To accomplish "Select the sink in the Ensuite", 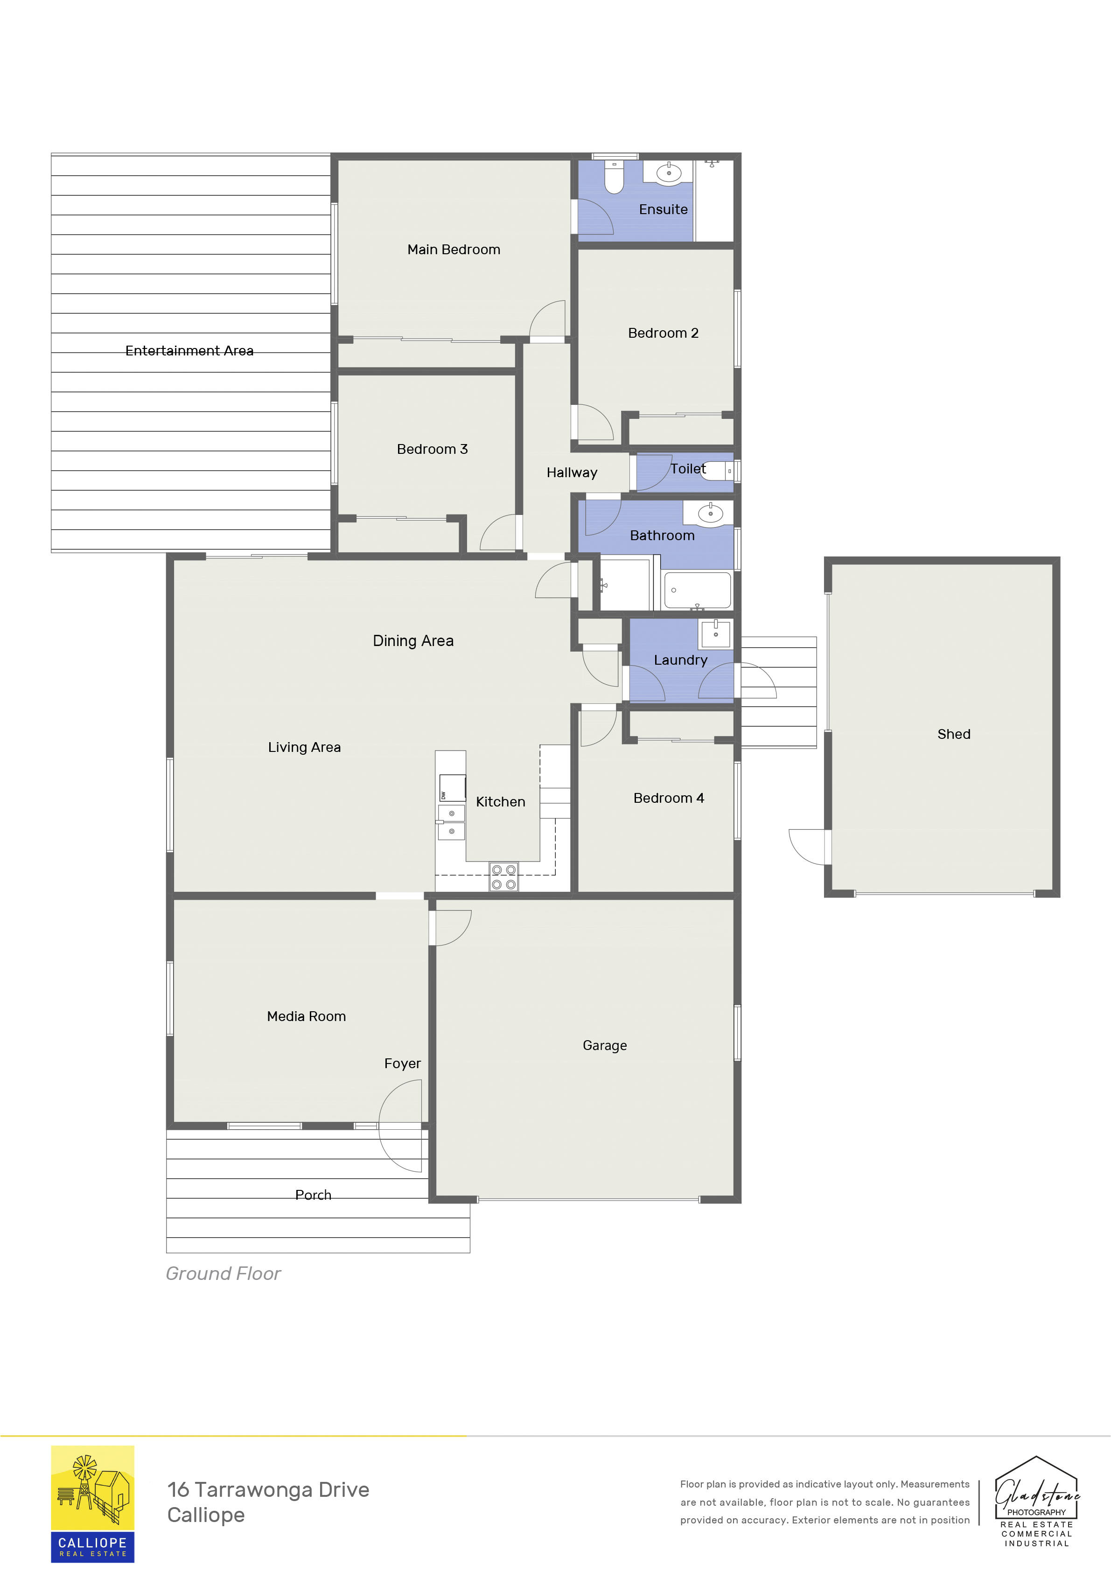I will click(668, 173).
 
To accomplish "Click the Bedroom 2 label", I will click(663, 333).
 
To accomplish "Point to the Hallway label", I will click(572, 473).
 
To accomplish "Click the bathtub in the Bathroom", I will click(697, 590).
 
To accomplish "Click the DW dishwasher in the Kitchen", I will click(452, 787).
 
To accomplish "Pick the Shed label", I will click(954, 734).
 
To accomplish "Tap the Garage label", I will click(604, 1045).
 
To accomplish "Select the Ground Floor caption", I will click(223, 1273).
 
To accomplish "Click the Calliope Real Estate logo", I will click(92, 1503).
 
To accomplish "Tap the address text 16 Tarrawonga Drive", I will click(268, 1489).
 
